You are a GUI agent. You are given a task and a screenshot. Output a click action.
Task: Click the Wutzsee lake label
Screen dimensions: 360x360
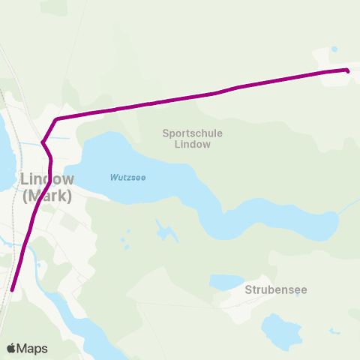pyautogui.click(x=127, y=178)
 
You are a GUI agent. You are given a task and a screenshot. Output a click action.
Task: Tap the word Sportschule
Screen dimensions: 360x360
pyautogui.click(x=193, y=133)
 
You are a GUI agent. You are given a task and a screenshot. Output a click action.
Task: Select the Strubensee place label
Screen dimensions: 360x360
pyautogui.click(x=276, y=289)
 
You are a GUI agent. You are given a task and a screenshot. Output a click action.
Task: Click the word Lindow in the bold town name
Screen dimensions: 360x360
pyautogui.click(x=47, y=180)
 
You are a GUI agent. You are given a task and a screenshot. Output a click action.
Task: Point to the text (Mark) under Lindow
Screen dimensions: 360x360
pyautogui.click(x=47, y=196)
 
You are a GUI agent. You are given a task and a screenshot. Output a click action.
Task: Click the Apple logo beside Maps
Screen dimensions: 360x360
pyautogui.click(x=12, y=348)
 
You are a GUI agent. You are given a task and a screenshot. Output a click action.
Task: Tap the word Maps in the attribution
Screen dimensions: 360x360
pyautogui.click(x=34, y=348)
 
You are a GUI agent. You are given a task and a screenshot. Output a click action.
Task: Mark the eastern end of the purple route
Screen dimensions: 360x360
pyautogui.click(x=347, y=70)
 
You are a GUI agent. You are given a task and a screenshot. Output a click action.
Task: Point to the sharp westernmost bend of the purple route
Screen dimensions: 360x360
pyautogui.click(x=43, y=142)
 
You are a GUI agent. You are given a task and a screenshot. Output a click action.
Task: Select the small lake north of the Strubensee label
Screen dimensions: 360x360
pyautogui.click(x=226, y=282)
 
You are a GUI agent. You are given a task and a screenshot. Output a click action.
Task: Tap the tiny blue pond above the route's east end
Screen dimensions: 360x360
pyautogui.click(x=334, y=49)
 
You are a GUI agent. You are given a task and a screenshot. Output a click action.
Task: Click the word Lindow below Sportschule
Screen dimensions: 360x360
pyautogui.click(x=193, y=144)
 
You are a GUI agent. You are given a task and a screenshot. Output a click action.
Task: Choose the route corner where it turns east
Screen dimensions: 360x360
pyautogui.click(x=57, y=119)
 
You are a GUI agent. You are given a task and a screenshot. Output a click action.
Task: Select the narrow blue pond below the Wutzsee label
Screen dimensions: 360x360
pyautogui.click(x=161, y=229)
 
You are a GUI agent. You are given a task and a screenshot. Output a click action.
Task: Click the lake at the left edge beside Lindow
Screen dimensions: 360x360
pyautogui.click(x=4, y=150)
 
